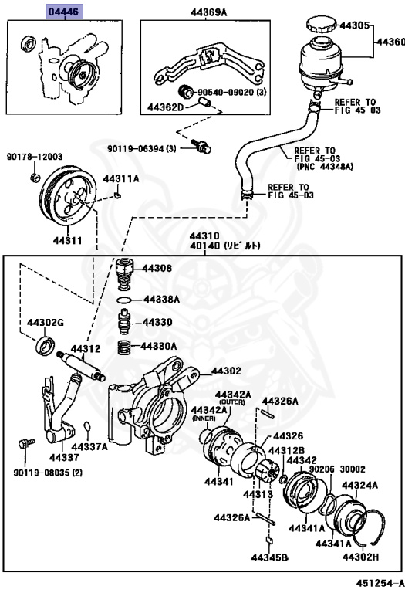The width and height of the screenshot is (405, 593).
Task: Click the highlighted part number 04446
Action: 64,13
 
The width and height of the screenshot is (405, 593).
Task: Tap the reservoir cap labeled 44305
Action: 321,25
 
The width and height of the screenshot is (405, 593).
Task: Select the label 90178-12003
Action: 36,155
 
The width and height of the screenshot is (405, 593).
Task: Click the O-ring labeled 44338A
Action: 122,300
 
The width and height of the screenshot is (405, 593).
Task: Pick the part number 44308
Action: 158,269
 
